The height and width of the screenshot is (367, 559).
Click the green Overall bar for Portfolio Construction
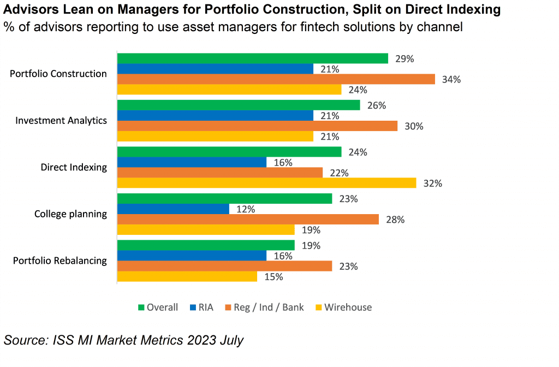[253, 58]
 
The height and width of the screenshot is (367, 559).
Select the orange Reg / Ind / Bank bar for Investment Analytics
[257, 126]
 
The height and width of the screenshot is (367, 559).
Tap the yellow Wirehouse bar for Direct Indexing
[267, 183]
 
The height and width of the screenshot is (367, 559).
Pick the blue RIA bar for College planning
[173, 209]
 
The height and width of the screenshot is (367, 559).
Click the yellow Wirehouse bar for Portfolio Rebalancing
[187, 277]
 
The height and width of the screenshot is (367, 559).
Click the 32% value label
[433, 183]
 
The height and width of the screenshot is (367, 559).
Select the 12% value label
[246, 210]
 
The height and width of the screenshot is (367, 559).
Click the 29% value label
[405, 59]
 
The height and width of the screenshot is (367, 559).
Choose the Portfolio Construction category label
[58, 74]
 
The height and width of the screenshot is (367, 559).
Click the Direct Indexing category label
[74, 167]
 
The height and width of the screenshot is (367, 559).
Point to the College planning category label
[70, 214]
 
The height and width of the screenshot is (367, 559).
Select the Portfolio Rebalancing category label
[60, 261]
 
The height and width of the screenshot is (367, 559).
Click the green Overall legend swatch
[141, 307]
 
